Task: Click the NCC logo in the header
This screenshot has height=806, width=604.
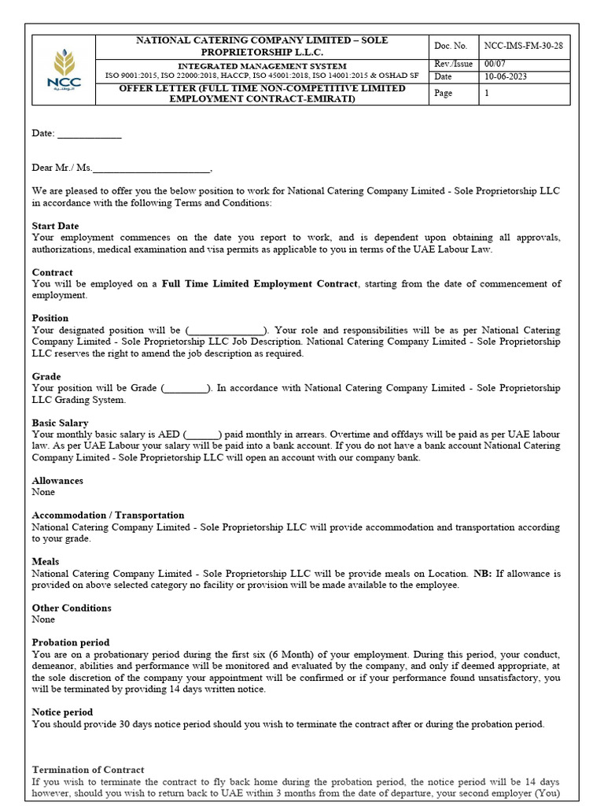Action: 64,71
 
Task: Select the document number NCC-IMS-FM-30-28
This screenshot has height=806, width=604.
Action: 523,46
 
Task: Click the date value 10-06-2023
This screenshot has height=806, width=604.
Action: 506,76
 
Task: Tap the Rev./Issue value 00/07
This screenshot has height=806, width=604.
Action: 495,64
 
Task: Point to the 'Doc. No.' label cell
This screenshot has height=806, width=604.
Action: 451,46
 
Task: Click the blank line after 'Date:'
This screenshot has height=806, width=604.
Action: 90,135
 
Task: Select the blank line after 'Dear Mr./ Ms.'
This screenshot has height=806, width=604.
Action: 152,168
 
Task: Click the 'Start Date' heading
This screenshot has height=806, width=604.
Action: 55,226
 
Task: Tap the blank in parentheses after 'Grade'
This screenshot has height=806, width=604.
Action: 186,389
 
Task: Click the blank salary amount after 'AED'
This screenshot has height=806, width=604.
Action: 203,434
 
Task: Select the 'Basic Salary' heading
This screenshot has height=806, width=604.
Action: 60,423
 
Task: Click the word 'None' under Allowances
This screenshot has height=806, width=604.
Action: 43,492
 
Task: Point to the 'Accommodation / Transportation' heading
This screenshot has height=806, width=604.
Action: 108,516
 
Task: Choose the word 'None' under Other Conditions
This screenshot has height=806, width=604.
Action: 43,619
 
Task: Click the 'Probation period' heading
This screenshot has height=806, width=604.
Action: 71,643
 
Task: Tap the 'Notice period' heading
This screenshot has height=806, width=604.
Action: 62,712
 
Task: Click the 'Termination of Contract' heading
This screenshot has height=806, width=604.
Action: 88,770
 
